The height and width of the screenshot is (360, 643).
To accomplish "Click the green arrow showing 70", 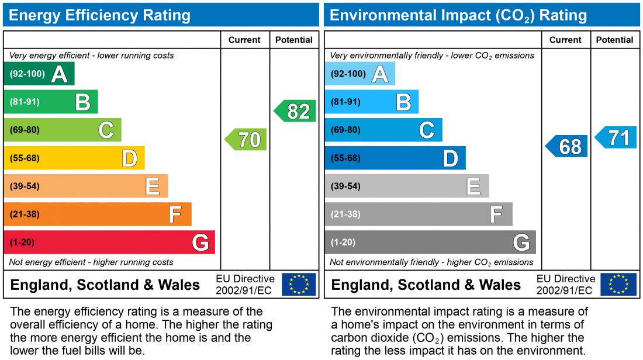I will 246,140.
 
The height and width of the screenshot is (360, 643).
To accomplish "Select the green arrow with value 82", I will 296,111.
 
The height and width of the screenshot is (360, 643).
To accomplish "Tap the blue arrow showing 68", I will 567,146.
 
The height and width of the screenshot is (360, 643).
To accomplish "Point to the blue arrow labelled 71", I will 616,138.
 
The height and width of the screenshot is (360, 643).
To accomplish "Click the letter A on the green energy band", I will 59,74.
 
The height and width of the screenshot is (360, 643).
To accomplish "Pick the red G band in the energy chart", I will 109,242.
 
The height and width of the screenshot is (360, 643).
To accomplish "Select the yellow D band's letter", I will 129,158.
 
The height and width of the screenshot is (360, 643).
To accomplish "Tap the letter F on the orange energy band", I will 175,214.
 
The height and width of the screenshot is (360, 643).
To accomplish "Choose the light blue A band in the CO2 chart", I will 359,74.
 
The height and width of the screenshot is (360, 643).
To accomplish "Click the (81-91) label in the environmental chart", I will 345,102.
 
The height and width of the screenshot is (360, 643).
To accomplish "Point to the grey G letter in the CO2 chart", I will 521,242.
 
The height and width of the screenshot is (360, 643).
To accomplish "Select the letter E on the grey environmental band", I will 473,186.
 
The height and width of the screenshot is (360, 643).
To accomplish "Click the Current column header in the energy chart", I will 244,40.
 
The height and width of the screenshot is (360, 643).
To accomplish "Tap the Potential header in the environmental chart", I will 615,40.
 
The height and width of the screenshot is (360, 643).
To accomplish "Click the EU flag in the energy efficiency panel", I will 299,285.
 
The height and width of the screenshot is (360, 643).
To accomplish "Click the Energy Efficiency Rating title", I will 99,15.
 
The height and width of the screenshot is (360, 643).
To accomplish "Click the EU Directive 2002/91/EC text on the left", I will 245,285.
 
